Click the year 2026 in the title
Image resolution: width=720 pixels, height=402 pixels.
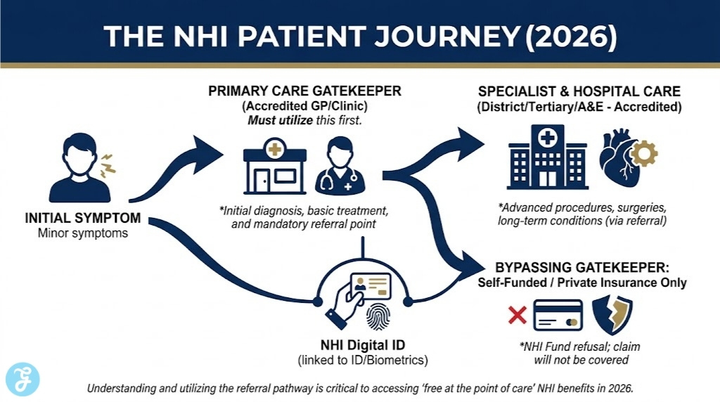(572, 35)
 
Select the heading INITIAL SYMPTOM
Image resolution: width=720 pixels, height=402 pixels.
(82, 218)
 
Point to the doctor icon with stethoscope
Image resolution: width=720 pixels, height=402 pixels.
(335, 167)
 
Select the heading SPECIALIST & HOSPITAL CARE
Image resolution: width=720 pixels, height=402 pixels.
(579, 93)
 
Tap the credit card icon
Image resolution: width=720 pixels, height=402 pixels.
(558, 315)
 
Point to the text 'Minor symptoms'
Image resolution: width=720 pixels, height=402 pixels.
(82, 233)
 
